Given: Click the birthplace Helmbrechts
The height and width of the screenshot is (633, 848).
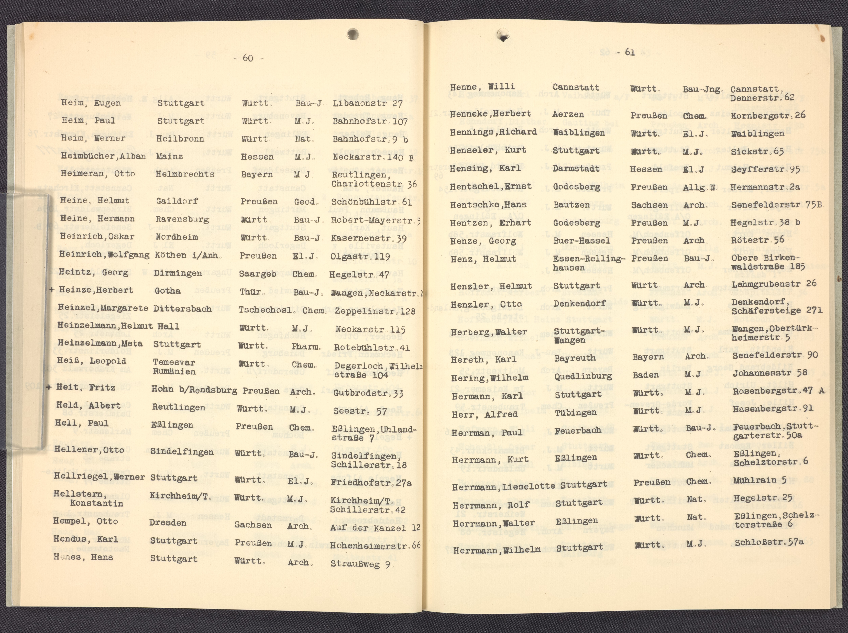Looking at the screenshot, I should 185,174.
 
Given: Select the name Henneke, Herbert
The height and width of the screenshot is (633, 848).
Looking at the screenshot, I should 490,114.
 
